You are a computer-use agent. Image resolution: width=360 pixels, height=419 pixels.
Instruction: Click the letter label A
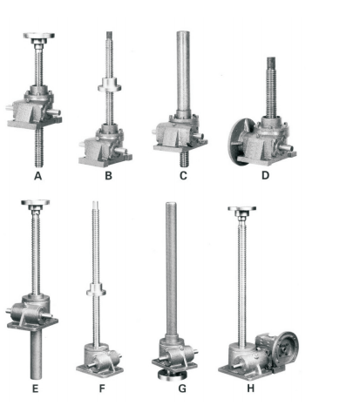(x=37, y=176)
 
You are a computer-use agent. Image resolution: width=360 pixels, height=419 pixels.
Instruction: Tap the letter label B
(x=108, y=176)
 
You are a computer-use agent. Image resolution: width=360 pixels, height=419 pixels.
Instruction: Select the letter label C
(x=183, y=176)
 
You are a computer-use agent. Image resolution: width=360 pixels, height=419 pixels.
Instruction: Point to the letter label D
(x=265, y=175)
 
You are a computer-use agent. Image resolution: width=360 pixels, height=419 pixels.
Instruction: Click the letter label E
(x=35, y=389)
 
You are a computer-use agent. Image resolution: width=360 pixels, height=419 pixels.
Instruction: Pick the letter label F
(x=102, y=389)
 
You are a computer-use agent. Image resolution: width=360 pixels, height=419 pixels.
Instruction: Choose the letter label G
(x=182, y=389)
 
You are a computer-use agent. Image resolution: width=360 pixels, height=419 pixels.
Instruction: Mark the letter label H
(x=250, y=389)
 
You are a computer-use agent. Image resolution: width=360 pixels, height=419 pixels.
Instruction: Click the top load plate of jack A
(x=39, y=36)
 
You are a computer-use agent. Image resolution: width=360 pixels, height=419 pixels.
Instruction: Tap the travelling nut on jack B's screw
(x=109, y=85)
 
